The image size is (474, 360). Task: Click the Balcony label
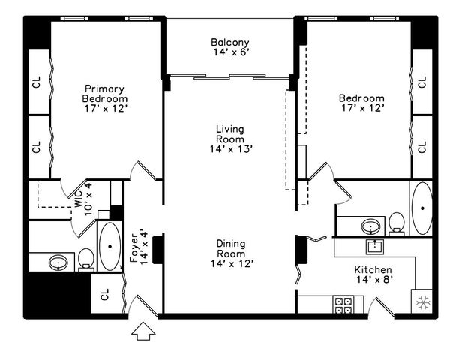coord(229,42)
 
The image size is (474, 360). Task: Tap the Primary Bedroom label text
coord(105,93)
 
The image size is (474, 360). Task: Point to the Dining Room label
coord(230,248)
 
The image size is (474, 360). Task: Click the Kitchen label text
coord(373,269)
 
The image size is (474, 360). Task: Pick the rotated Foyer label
coord(135,247)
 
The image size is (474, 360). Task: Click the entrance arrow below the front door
coord(142,330)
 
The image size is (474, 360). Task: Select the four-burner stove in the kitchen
coord(344,304)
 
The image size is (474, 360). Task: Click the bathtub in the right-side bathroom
coord(421,208)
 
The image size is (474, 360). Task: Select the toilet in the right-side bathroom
coord(397,223)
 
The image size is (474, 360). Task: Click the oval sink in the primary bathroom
coord(58,262)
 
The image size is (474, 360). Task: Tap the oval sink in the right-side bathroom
coord(369,226)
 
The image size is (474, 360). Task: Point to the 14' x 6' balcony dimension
coord(229,52)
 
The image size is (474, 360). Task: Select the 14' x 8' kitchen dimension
coord(373,280)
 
